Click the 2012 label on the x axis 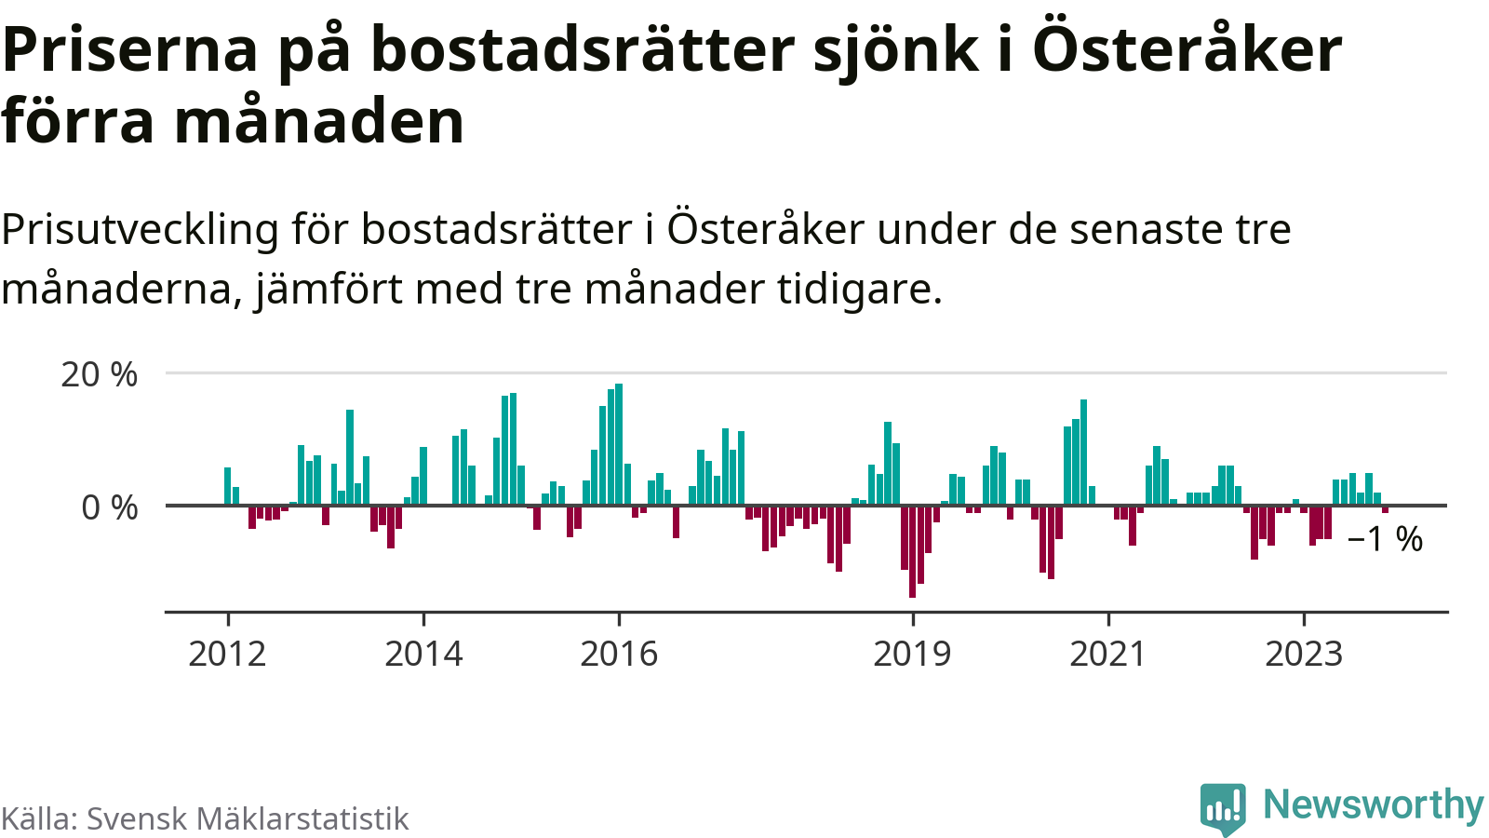point(227,654)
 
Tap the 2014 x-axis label point(423,654)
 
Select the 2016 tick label point(619,654)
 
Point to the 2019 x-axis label point(912,654)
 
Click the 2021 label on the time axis point(1107,654)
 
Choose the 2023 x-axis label point(1304,654)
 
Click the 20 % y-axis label point(100,374)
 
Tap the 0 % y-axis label point(110,507)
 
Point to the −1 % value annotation point(1386,539)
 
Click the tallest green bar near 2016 point(619,445)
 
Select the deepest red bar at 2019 point(912,551)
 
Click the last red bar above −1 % point(1385,509)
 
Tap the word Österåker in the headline point(1187,48)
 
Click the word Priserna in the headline point(130,48)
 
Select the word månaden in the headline point(319,121)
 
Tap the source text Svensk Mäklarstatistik point(248,818)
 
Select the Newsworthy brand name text point(1373,804)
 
